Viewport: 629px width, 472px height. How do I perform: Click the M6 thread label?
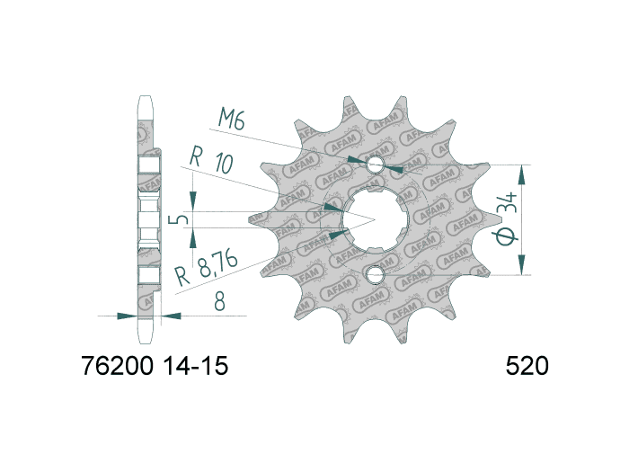[232, 119]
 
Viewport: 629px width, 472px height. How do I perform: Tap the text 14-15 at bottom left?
[196, 367]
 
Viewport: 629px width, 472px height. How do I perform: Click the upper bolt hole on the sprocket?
[375, 165]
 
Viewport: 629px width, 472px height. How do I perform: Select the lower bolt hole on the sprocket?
[375, 274]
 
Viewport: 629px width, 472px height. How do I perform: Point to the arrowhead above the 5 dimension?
[192, 200]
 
